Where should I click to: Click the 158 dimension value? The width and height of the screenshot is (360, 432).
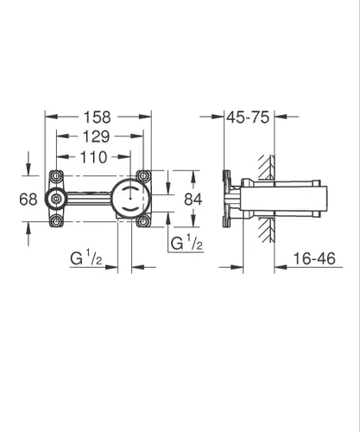(97, 118)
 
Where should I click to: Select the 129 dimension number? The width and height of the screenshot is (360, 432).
(97, 137)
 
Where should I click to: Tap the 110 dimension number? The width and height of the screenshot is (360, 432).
(94, 157)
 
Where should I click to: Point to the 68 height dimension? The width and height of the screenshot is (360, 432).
(28, 200)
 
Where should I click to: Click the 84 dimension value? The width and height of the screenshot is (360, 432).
(193, 199)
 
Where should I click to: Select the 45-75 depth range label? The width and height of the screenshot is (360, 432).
(248, 118)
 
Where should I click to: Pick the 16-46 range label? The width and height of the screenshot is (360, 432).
(314, 258)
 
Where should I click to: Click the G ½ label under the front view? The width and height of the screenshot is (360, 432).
(86, 258)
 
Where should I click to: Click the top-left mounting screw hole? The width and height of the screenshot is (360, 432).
(56, 175)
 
